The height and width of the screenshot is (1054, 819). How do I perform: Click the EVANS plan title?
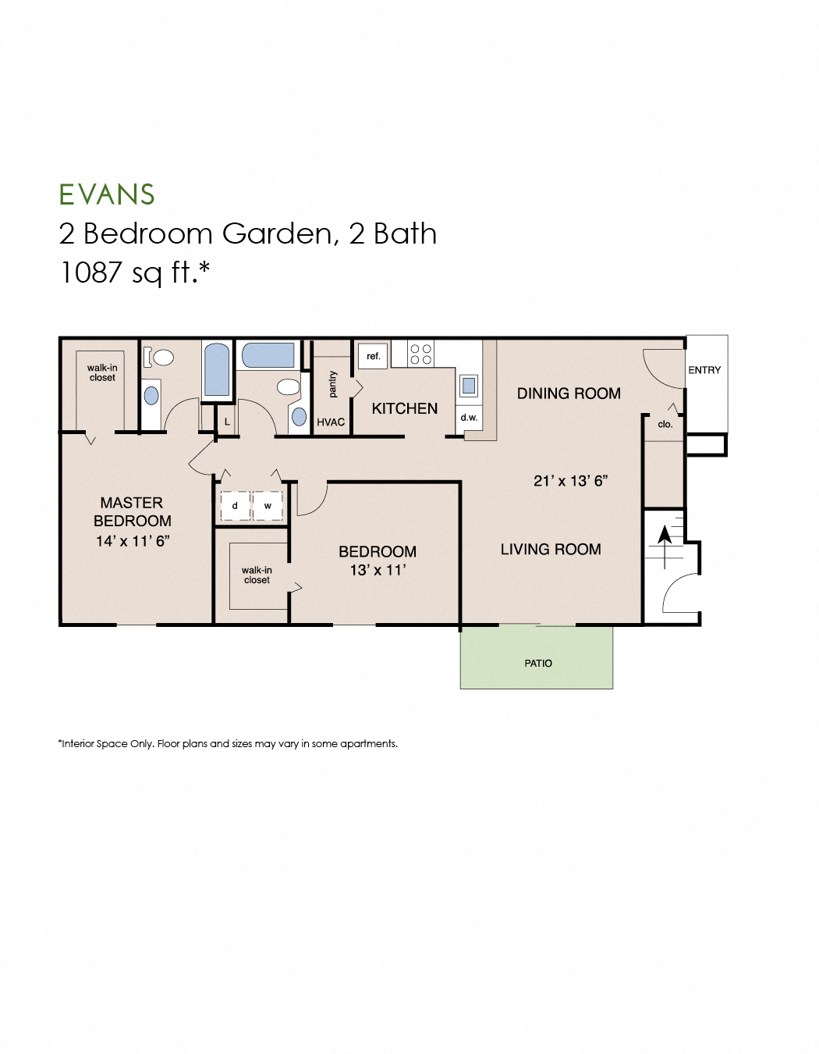107,194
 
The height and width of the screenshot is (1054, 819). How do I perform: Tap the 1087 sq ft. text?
135,272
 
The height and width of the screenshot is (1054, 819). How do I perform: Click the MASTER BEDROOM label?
132,511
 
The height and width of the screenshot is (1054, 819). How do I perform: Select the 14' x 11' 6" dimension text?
133,541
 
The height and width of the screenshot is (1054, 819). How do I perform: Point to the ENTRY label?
704,370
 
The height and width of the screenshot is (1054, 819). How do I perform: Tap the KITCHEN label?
404,408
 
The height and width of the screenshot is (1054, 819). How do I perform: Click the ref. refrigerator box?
373,356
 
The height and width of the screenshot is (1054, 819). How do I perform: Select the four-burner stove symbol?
420,354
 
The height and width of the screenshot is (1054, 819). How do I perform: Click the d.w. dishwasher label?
469,418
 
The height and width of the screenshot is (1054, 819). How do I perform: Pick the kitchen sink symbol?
469,385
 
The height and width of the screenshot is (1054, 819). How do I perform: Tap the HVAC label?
331,422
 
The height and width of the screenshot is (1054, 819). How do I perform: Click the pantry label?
333,384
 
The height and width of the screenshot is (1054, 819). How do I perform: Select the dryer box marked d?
235,506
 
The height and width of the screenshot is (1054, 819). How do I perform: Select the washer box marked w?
268,506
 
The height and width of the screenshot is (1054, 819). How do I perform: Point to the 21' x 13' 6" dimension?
570,481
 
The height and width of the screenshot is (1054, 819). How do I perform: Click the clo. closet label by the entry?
665,425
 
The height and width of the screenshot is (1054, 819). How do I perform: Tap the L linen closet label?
227,422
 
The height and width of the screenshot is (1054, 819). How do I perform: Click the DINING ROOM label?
569,393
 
